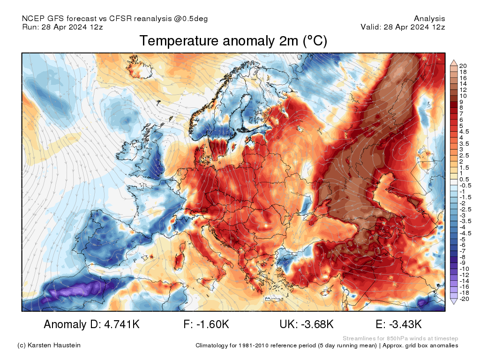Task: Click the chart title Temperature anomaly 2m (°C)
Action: pyautogui.click(x=233, y=42)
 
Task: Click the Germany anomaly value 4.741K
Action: pyautogui.click(x=91, y=324)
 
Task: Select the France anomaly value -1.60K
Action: pyautogui.click(x=206, y=324)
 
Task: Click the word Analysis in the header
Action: pyautogui.click(x=429, y=19)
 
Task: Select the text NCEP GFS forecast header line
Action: pyautogui.click(x=115, y=19)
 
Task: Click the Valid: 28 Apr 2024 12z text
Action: pyautogui.click(x=403, y=27)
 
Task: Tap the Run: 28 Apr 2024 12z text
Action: pyautogui.click(x=62, y=27)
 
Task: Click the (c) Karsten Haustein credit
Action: pyautogui.click(x=49, y=345)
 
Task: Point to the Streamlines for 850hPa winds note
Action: pyautogui.click(x=400, y=338)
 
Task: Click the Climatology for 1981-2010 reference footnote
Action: pyautogui.click(x=327, y=345)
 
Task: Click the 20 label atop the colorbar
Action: pyautogui.click(x=463, y=66)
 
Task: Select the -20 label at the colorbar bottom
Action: pyautogui.click(x=464, y=299)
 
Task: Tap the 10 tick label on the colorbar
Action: pyautogui.click(x=463, y=96)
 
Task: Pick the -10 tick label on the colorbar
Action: pyautogui.click(x=464, y=269)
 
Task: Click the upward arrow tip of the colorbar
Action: pyautogui.click(x=453, y=61)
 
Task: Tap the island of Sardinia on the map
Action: pyautogui.click(x=179, y=259)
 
